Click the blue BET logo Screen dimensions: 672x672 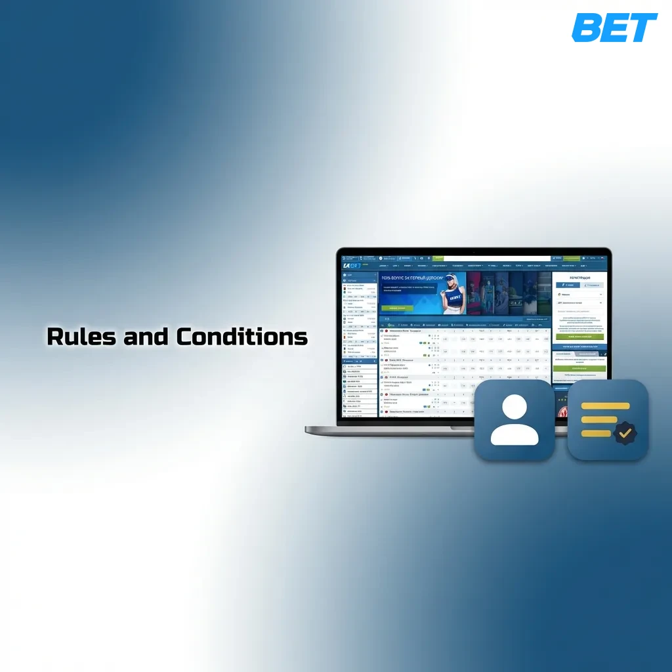(614, 28)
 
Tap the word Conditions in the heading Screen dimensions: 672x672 (241, 337)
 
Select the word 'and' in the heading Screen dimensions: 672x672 (146, 337)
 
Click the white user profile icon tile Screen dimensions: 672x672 (514, 419)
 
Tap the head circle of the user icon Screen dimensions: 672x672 (514, 407)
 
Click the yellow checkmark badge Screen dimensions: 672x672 (624, 433)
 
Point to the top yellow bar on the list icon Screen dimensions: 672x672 (605, 406)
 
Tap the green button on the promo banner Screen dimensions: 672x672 (397, 308)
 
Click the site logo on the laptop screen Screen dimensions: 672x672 (351, 266)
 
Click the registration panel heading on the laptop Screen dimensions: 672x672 (579, 278)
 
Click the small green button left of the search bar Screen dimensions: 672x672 (438, 259)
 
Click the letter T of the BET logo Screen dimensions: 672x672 (642, 28)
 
